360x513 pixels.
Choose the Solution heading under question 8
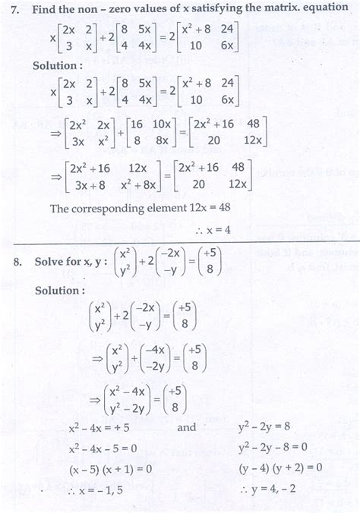[58, 290]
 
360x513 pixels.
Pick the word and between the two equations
[187, 427]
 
